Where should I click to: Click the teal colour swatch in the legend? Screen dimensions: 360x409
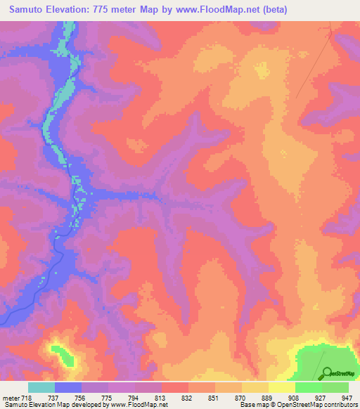[x=41, y=387]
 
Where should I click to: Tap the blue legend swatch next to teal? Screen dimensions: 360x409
[x=68, y=387]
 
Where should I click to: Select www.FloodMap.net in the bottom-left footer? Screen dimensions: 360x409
[x=136, y=404]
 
